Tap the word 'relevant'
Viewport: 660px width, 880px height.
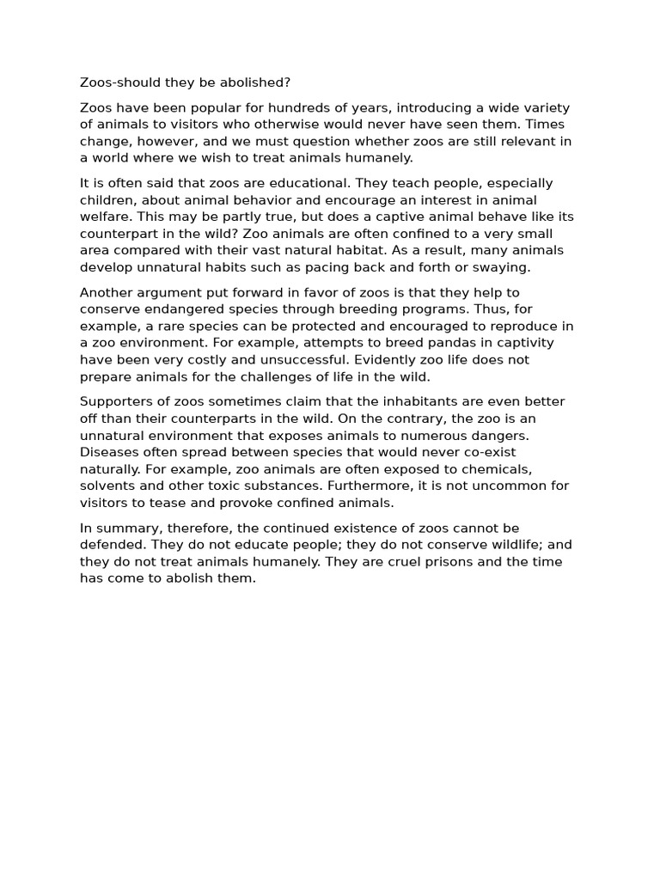tap(516, 142)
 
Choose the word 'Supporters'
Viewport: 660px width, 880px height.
tap(116, 402)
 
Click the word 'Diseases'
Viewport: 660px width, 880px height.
tap(109, 452)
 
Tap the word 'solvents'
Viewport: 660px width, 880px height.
tap(107, 486)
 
